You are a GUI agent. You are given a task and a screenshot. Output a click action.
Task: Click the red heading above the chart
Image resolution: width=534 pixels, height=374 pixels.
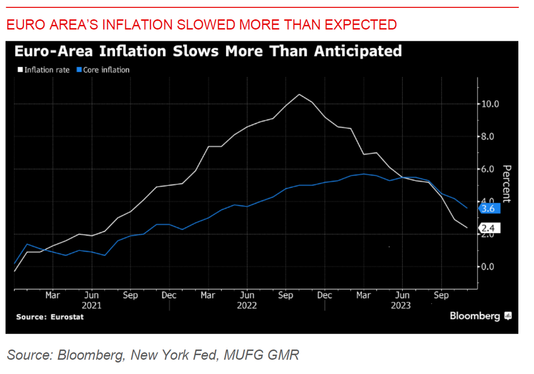pyautogui.click(x=201, y=25)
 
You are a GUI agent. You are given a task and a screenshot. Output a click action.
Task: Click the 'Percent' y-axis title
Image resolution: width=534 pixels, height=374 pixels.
pyautogui.click(x=506, y=184)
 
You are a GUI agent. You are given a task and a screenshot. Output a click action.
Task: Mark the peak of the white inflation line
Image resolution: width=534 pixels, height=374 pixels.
pyautogui.click(x=299, y=94)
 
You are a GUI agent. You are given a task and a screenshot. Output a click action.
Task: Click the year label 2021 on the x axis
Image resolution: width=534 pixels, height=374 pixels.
pyautogui.click(x=91, y=305)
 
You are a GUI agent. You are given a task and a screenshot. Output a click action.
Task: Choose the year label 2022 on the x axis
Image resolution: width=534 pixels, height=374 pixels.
pyautogui.click(x=247, y=305)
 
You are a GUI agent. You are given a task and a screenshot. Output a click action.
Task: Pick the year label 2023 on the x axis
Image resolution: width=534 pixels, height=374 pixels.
pyautogui.click(x=401, y=305)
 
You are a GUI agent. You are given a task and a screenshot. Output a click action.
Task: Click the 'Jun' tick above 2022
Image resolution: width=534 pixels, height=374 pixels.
pyautogui.click(x=247, y=296)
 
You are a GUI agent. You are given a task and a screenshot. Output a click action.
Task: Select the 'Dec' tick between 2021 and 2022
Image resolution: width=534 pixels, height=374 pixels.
pyautogui.click(x=169, y=296)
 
